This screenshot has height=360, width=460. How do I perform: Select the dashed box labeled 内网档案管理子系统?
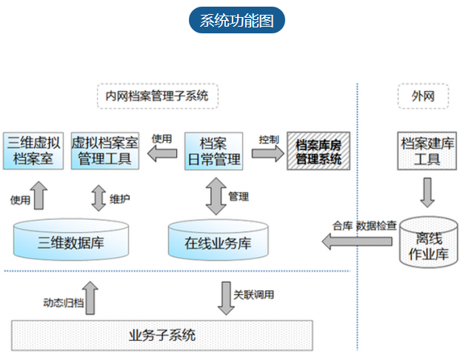pos(157,96)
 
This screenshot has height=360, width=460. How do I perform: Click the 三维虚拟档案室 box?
pos(31,150)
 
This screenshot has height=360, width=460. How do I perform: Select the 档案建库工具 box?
pos(427,150)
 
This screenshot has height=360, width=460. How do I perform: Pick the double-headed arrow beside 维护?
pos(99,198)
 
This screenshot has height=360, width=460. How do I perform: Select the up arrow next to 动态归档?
pos(91,299)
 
